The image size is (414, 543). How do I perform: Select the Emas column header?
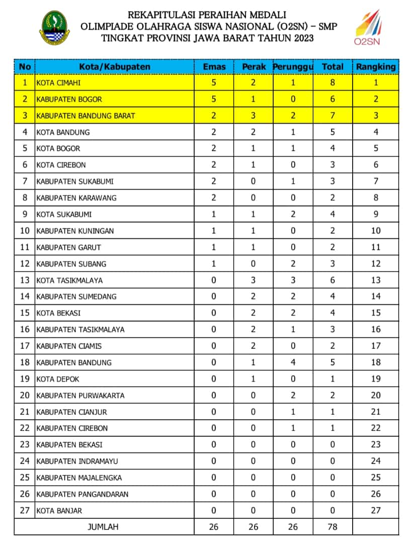coord(214,67)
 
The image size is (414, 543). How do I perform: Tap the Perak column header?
coord(253,67)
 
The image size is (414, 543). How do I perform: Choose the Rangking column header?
coord(376,67)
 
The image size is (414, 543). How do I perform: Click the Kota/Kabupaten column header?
coord(115,67)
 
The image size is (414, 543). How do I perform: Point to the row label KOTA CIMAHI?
coord(58,82)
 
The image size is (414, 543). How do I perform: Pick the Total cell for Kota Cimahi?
coord(333,82)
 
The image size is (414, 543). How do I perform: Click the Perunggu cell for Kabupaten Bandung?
coord(293,363)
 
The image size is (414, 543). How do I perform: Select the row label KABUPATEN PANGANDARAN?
coord(82,494)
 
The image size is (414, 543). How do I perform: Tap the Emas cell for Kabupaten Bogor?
coord(214,99)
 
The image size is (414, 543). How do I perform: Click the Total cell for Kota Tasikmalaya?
coord(333,280)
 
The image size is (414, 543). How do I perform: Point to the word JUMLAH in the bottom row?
coord(103,527)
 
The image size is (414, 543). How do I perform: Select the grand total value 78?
coord(333,527)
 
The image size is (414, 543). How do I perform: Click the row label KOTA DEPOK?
coord(58,379)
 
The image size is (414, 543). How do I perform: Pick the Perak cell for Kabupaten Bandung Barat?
coord(253,116)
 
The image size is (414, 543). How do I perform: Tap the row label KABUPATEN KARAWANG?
coord(76,198)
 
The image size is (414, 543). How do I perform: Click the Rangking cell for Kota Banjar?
coord(376,510)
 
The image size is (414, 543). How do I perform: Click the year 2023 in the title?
coord(301,38)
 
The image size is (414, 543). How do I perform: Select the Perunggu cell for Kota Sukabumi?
coord(293,214)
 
